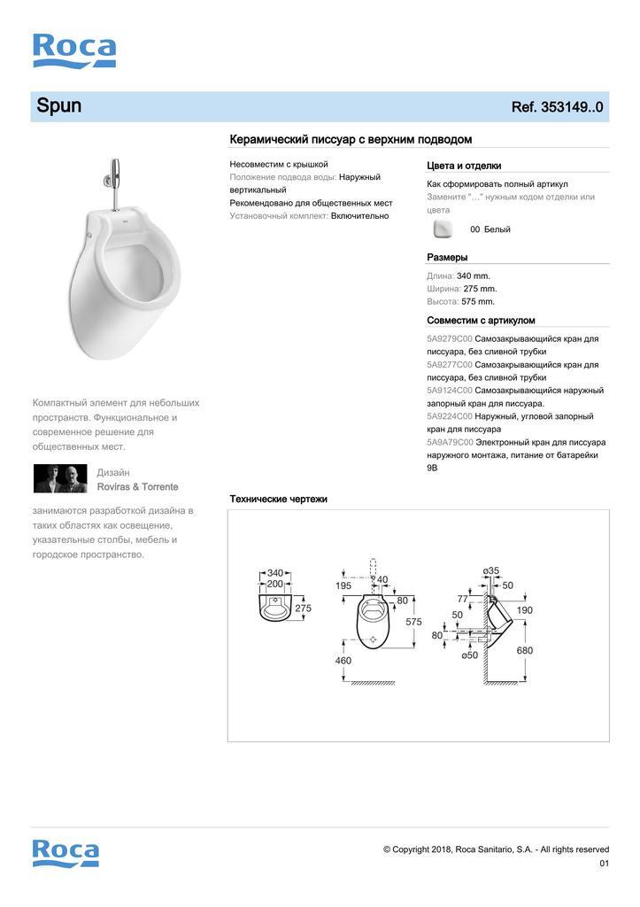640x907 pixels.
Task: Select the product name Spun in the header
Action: click(x=58, y=106)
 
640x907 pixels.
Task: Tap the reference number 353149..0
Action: click(x=558, y=107)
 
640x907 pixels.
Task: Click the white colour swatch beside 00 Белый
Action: click(x=443, y=229)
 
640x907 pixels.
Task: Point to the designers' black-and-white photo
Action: click(x=60, y=478)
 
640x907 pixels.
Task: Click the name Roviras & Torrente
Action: click(x=137, y=487)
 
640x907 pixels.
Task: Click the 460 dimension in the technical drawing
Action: click(x=343, y=660)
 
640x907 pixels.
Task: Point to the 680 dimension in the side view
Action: click(x=525, y=650)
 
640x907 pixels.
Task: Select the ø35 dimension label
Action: click(x=491, y=570)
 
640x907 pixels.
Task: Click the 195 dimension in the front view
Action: click(x=343, y=585)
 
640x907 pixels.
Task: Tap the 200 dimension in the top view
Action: click(x=274, y=585)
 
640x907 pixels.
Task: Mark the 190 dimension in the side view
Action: click(x=525, y=610)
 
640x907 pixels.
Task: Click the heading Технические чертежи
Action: click(x=278, y=500)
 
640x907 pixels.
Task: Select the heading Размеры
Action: click(x=447, y=258)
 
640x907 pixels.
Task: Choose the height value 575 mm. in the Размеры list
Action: click(x=478, y=301)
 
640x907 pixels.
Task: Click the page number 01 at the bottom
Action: click(x=604, y=864)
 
